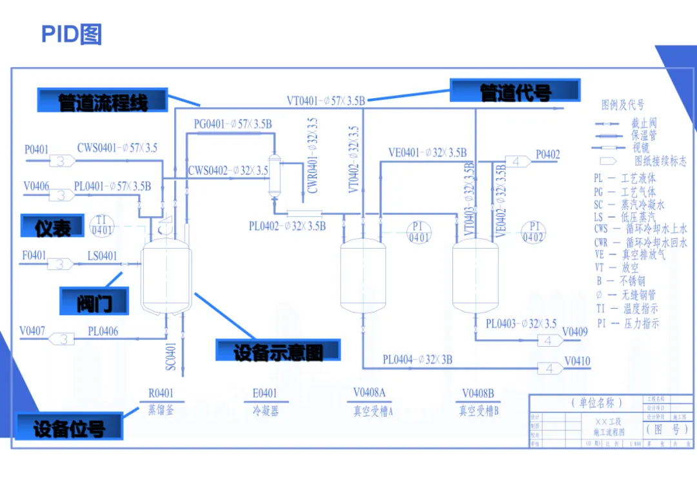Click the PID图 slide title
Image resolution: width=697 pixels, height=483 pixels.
pos(71,34)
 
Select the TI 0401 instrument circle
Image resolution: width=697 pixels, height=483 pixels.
pos(101,225)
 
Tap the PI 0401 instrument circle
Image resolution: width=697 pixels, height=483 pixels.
pos(419,232)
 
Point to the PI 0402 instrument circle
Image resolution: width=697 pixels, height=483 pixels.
pos(533,232)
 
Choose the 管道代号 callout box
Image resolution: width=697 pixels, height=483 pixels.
pos(515,92)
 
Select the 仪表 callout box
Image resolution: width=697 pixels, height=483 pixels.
pos(52,227)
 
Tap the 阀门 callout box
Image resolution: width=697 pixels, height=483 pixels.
pos(94,300)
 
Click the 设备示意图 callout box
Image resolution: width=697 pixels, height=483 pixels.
pos(278,351)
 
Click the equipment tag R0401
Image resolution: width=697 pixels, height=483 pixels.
pos(161,393)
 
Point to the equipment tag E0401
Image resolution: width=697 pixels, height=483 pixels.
pos(265,393)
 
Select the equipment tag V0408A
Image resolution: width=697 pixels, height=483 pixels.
pos(369,393)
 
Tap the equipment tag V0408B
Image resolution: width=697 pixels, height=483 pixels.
pos(478,393)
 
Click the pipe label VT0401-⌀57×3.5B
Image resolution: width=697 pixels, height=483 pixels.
pos(327,101)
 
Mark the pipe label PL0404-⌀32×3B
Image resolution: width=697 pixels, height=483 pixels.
pos(418,360)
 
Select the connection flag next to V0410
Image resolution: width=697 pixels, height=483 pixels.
pos(549,368)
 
